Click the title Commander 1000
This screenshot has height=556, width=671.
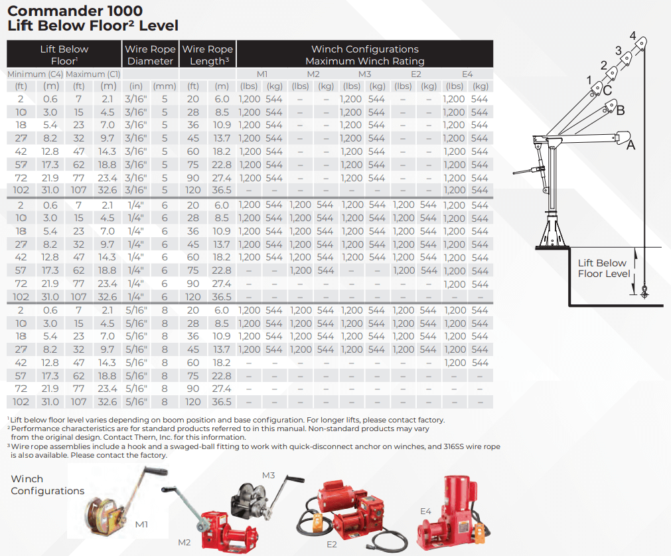coord(74,11)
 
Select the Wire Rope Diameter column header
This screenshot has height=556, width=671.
coord(151,55)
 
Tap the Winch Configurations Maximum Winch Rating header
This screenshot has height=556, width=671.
coord(364,55)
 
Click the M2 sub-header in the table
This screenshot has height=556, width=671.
coord(313,74)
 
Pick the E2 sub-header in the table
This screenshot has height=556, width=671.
coord(416,74)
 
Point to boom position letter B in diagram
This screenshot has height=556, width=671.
coord(621,110)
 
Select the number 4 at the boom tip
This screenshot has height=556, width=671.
coord(633,35)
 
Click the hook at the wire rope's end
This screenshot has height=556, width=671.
coord(644,290)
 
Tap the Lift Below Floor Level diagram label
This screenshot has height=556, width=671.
coord(603,268)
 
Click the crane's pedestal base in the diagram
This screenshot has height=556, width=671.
coord(552,232)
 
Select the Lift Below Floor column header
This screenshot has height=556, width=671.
coord(64,55)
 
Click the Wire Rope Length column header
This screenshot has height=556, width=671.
coord(208,55)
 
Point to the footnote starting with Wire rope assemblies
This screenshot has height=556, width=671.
coord(252,451)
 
